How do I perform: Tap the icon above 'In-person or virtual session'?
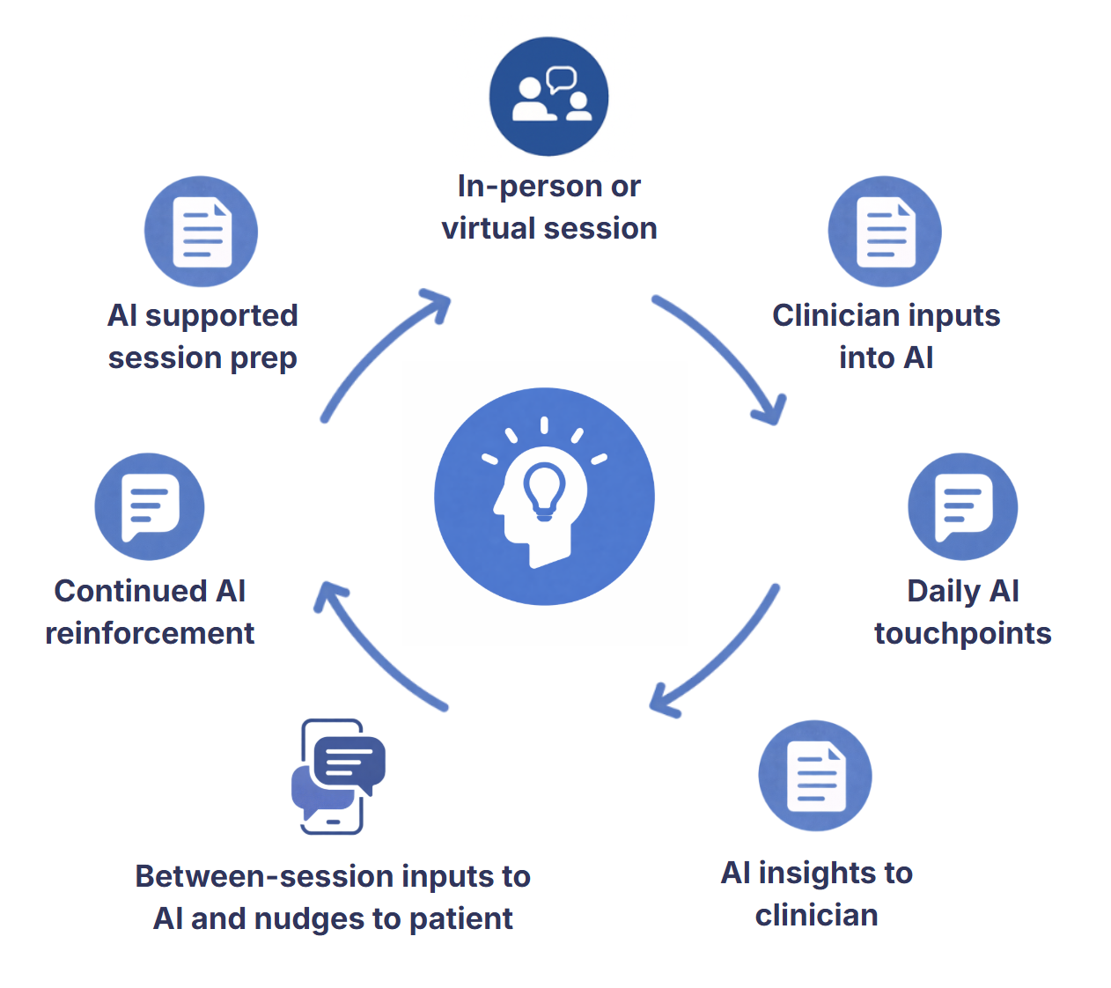[x=548, y=97]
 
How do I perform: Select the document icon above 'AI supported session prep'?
[x=202, y=232]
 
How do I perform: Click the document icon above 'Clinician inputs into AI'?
[x=885, y=232]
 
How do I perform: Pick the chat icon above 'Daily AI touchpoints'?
[x=963, y=506]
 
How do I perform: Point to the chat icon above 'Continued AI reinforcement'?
[x=150, y=506]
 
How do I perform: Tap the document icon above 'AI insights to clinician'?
[x=815, y=776]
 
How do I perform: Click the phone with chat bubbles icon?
[x=338, y=777]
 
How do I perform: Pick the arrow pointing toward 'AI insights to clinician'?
[x=717, y=653]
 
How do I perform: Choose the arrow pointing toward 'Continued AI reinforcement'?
[x=379, y=647]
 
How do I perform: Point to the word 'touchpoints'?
[x=962, y=633]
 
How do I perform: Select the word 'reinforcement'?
[x=150, y=633]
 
